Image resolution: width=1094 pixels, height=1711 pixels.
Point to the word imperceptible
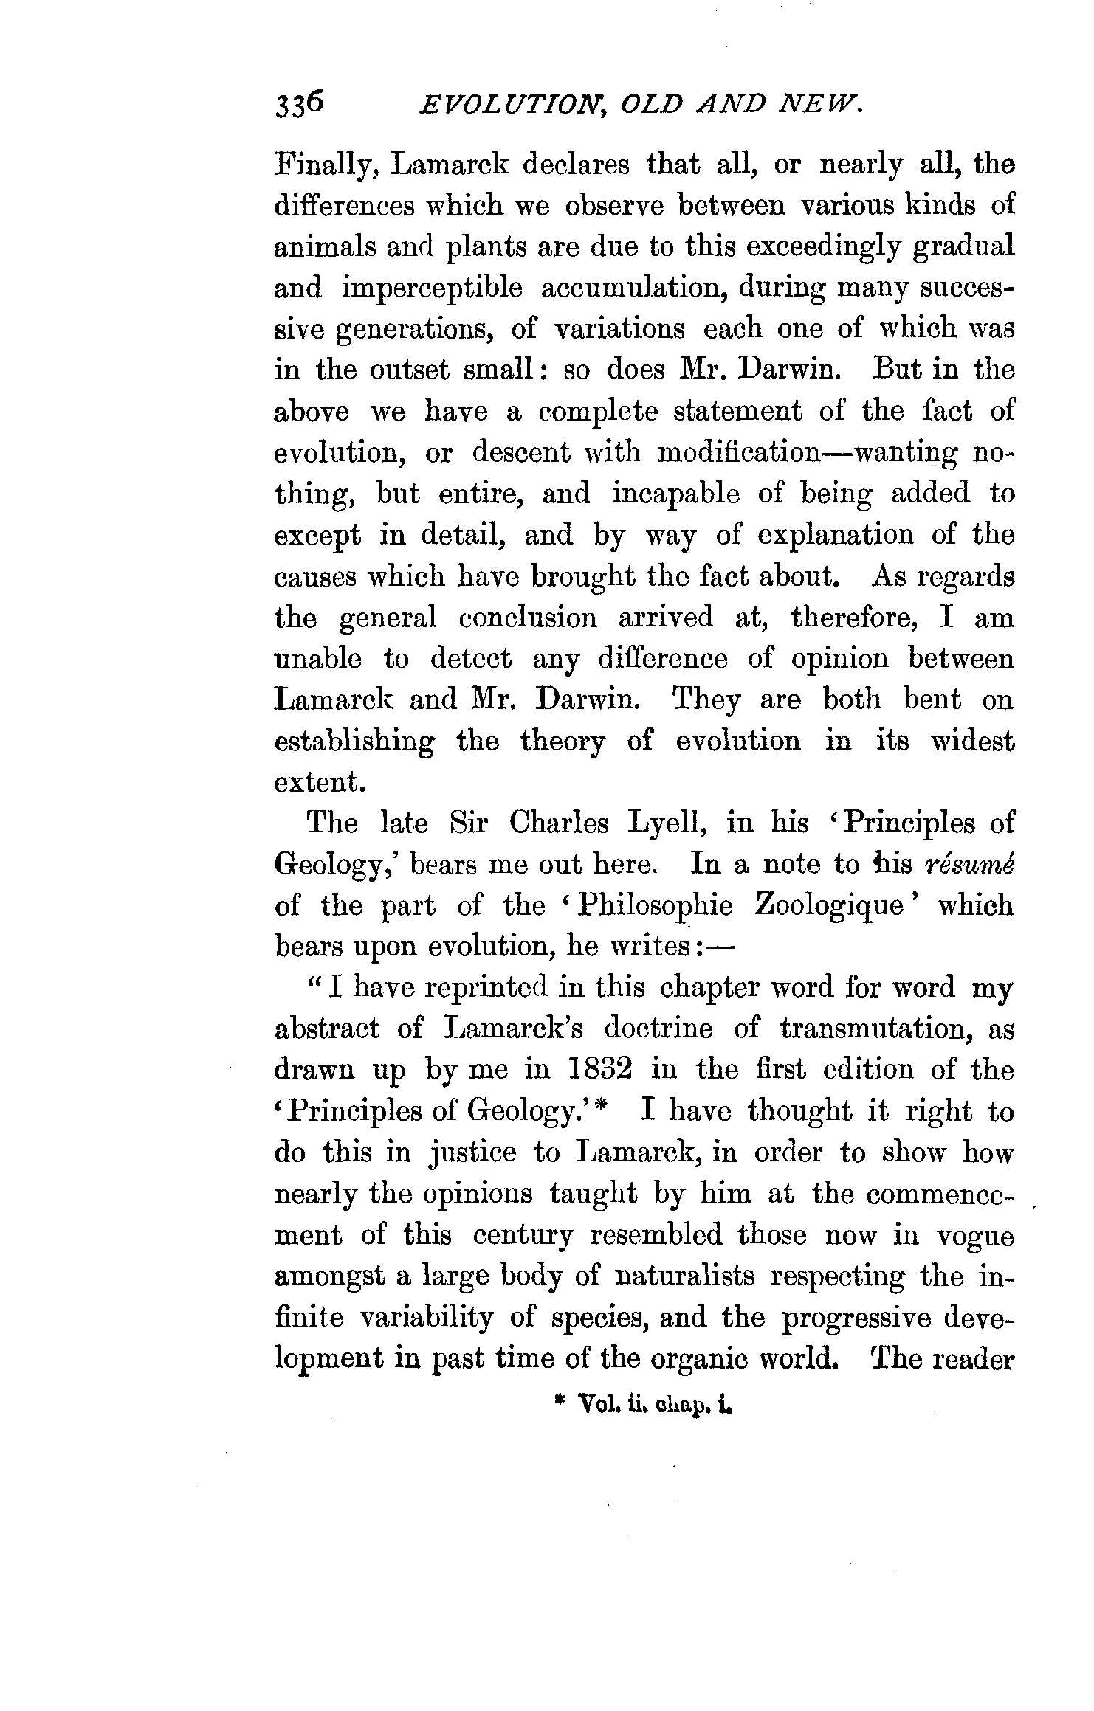click(x=432, y=288)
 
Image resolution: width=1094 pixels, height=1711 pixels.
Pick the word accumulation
click(x=631, y=288)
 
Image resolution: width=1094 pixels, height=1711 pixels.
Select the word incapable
click(x=675, y=493)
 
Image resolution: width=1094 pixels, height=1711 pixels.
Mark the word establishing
click(x=354, y=742)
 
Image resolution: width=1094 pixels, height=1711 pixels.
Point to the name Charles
click(x=559, y=823)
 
